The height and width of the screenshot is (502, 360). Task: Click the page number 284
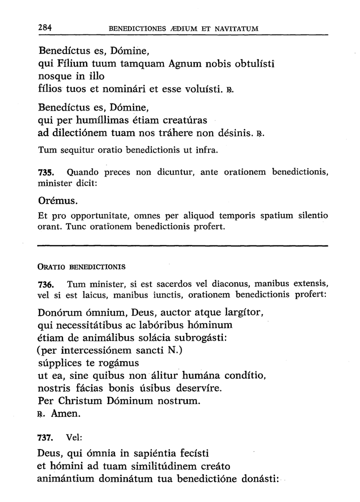pos(45,27)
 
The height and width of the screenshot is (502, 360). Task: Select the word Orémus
pos(57,201)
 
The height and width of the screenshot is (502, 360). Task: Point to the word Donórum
pos(60,310)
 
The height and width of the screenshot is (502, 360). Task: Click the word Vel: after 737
pos(74,438)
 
